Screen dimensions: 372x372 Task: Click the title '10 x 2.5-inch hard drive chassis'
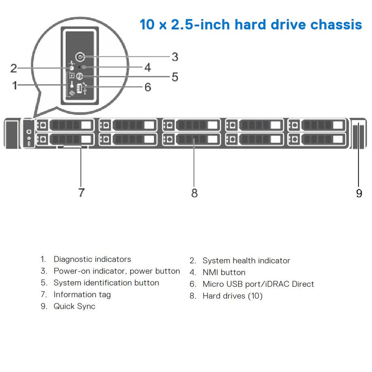(251, 24)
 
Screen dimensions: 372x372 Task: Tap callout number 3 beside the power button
(174, 57)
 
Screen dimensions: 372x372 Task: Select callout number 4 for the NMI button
(147, 67)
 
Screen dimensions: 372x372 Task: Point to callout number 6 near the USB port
(147, 87)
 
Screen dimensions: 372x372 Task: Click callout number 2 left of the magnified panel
(14, 69)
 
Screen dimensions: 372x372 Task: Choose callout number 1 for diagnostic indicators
(15, 86)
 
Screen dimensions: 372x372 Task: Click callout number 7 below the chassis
(81, 193)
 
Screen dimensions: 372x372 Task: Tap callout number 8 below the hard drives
(194, 193)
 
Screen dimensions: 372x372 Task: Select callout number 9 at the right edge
(359, 193)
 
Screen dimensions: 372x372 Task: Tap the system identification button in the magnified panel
(80, 77)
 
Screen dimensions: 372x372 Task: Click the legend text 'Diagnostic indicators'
(92, 259)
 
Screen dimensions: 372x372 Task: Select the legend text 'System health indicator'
(246, 261)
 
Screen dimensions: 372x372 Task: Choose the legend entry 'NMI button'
(224, 272)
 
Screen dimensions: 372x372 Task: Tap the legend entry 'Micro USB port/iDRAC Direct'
(258, 284)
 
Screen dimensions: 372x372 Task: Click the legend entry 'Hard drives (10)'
(232, 296)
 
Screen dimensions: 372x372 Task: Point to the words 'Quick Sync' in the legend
(74, 306)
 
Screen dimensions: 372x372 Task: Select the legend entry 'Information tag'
(82, 295)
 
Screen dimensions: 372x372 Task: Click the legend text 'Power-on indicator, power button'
(116, 271)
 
